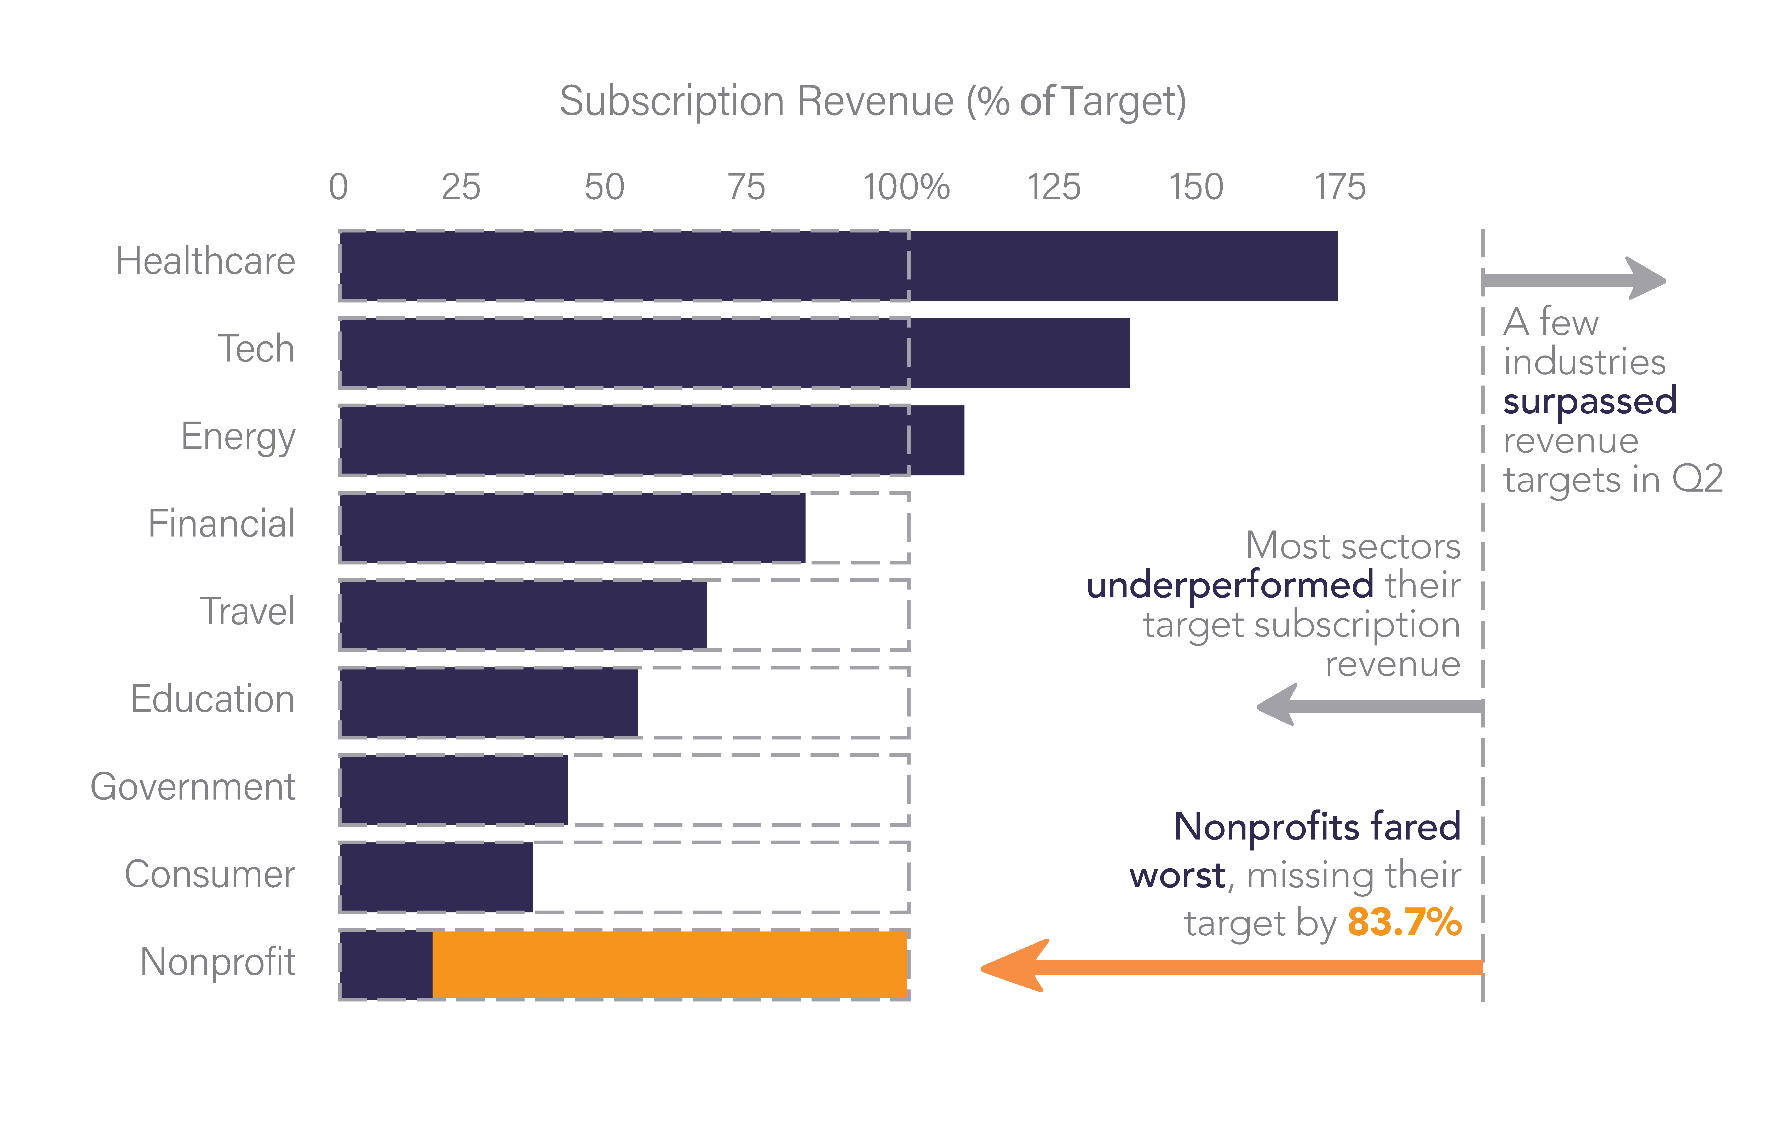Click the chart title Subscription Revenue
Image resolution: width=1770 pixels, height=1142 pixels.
tap(872, 102)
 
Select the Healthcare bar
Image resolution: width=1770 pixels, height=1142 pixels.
tap(838, 265)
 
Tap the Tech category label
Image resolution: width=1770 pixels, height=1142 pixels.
tap(256, 348)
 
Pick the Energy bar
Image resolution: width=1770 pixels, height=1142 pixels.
tap(651, 440)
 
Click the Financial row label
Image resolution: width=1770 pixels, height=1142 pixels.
tap(221, 523)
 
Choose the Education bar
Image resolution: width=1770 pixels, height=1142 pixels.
tap(489, 702)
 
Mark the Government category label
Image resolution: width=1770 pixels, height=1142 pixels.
tap(193, 787)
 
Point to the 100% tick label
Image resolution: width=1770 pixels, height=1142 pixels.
tap(906, 187)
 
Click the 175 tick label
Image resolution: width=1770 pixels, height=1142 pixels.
tap(1339, 187)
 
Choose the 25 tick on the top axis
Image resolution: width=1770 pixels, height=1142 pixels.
tap(461, 187)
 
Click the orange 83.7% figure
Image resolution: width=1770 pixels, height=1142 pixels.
tap(1404, 923)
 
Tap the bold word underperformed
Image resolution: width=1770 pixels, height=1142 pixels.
tap(1229, 585)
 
